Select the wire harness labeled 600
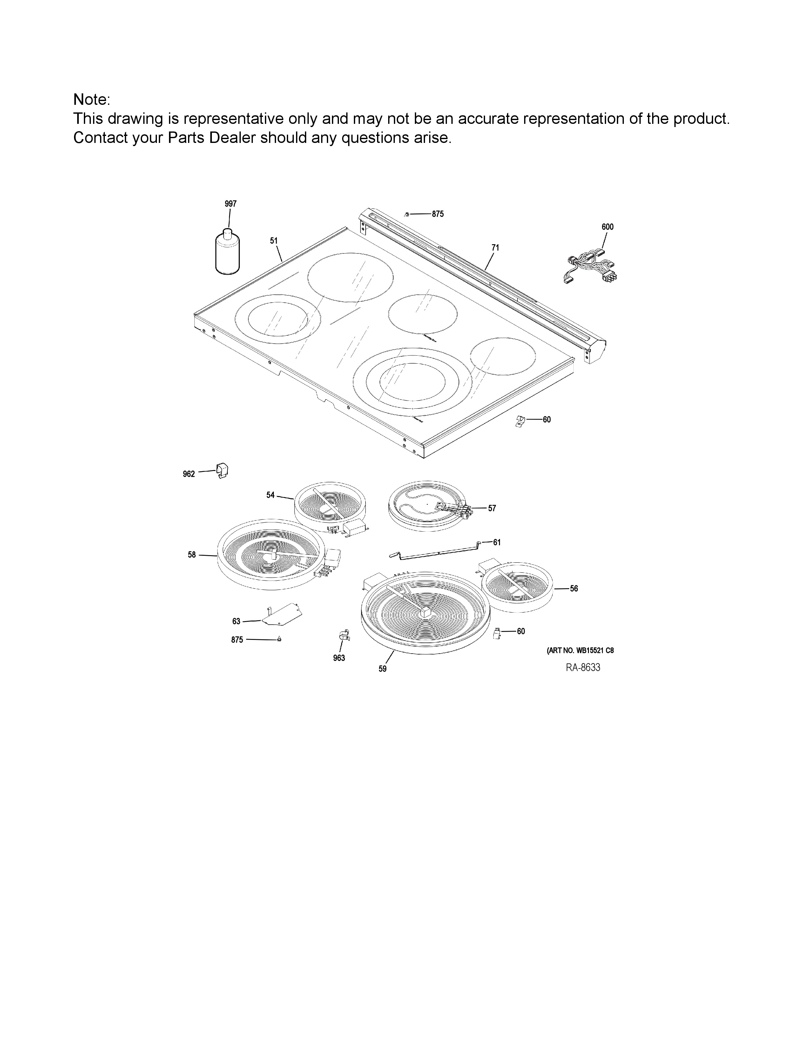coord(590,269)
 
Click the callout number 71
coord(495,248)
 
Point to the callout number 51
coord(273,240)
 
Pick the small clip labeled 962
coord(222,470)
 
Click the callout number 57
coord(492,508)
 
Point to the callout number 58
coord(192,555)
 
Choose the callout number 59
coord(382,668)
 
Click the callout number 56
coord(574,588)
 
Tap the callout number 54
coord(271,495)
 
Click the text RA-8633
coord(583,668)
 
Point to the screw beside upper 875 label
coord(407,213)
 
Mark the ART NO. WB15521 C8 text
coord(580,651)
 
